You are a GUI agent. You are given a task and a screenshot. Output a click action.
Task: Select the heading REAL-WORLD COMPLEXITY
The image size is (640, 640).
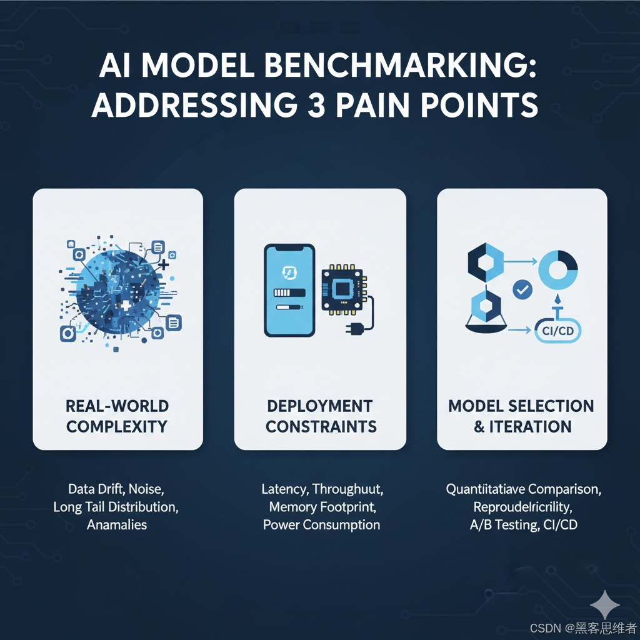(x=117, y=416)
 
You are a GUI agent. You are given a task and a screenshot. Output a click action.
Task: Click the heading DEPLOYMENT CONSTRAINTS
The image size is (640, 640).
(x=321, y=416)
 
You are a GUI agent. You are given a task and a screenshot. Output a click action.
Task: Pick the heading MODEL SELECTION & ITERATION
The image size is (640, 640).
(x=521, y=416)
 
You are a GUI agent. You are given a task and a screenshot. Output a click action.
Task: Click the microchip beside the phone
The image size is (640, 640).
(x=342, y=289)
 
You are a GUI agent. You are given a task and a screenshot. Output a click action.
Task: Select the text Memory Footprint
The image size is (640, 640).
(x=321, y=507)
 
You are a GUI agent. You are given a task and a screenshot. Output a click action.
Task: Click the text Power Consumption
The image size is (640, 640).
(x=321, y=524)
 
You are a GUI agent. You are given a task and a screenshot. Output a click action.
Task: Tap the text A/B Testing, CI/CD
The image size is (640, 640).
(x=523, y=524)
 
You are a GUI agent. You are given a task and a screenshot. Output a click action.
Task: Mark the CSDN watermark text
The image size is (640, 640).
(x=582, y=627)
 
